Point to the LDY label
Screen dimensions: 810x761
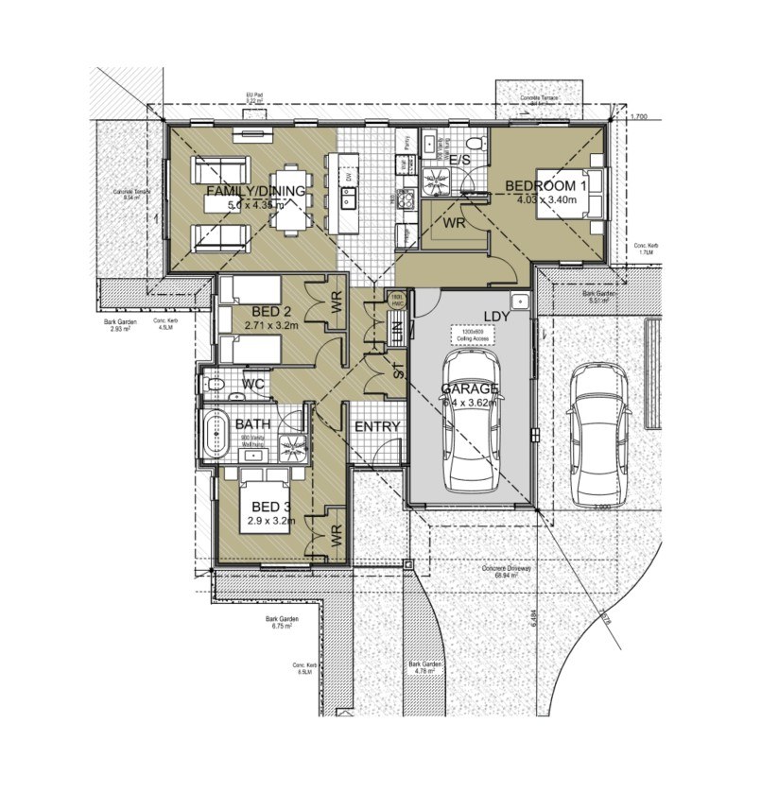click(x=496, y=317)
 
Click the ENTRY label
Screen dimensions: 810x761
click(x=377, y=426)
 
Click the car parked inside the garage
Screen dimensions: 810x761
click(x=472, y=420)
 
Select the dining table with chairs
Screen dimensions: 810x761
click(x=291, y=198)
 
